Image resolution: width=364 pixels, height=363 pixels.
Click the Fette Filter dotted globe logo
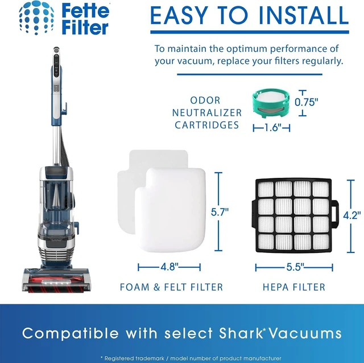[x=36, y=18]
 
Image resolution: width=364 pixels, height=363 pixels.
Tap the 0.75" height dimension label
[x=306, y=102]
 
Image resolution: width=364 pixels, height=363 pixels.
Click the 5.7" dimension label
[x=220, y=212]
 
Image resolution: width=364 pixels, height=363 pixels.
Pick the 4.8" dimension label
[x=169, y=267]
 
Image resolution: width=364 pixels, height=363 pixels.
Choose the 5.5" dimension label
[x=295, y=267]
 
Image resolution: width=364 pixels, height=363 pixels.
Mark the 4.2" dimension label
[x=352, y=215]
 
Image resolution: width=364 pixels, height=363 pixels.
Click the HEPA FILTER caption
[x=294, y=287]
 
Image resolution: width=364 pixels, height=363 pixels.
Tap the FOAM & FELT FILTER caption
[x=171, y=287]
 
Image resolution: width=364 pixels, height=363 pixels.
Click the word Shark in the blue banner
[x=240, y=333]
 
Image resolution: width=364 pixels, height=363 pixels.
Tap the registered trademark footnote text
[x=191, y=358]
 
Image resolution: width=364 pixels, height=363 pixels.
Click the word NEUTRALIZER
[x=207, y=113]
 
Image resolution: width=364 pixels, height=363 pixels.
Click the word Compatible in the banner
[x=71, y=333]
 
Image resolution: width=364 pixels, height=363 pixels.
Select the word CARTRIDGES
[x=206, y=125]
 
